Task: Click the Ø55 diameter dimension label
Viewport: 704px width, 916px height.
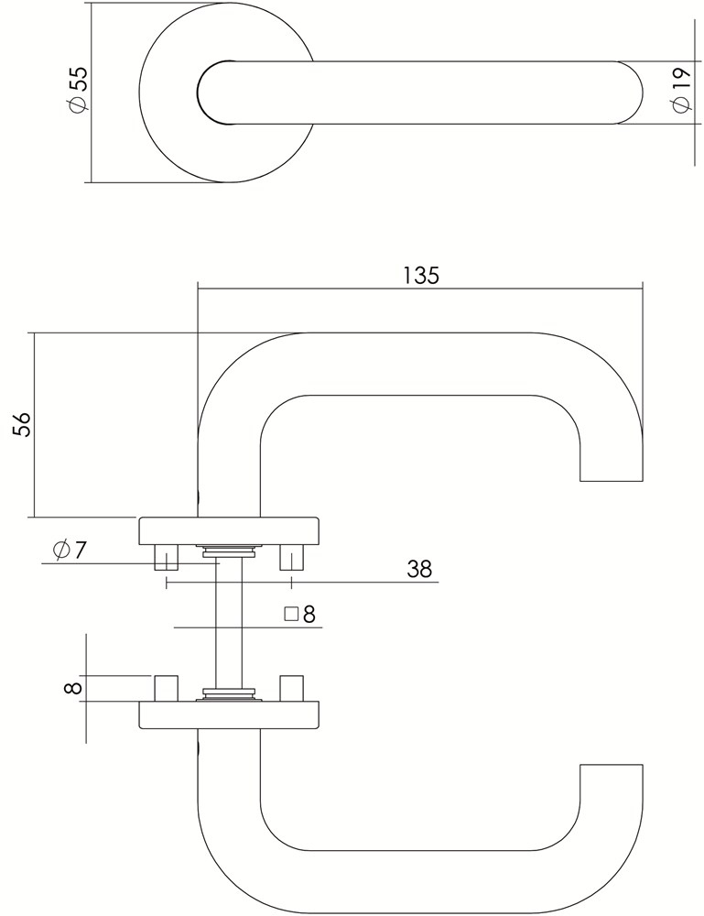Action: tap(78, 88)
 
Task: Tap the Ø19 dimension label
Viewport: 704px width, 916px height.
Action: tap(680, 90)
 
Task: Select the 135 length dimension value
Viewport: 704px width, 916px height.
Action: tap(421, 275)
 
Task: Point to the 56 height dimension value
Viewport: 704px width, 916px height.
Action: tap(22, 425)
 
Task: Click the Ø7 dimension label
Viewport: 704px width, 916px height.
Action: tap(70, 549)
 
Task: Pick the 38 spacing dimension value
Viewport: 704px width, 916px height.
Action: tap(419, 569)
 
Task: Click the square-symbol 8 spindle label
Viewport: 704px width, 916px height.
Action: tap(300, 614)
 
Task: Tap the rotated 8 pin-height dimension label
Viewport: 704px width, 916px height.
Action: tap(73, 688)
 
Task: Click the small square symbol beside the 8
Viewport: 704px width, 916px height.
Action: tap(291, 614)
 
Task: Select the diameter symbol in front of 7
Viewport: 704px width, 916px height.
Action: tap(60, 550)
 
